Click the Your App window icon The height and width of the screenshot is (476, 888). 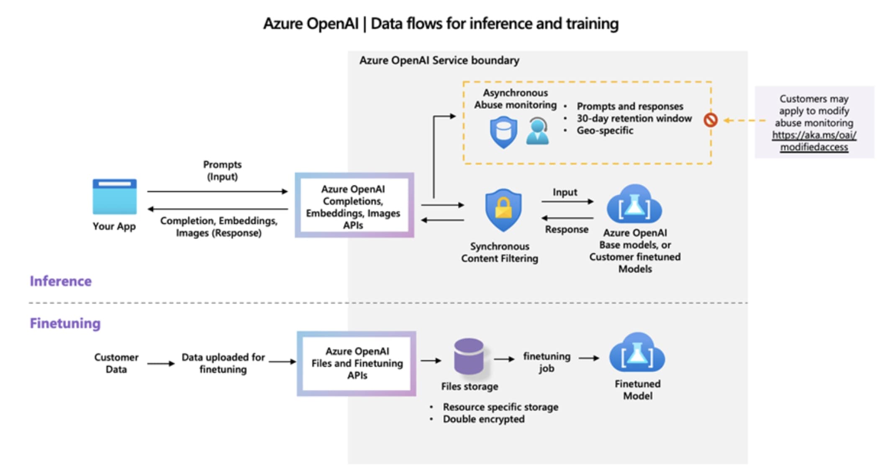coord(114,197)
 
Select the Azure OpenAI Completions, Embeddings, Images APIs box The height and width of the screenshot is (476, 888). coord(354,205)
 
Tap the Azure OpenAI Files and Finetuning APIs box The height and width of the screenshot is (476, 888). coord(357,363)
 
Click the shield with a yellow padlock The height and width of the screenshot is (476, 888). coord(503,210)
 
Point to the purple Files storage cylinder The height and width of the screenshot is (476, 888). coord(469,356)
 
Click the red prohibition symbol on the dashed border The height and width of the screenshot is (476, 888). coord(710,120)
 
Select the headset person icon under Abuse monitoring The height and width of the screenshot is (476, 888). coord(537,131)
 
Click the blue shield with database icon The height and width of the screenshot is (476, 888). coord(503,132)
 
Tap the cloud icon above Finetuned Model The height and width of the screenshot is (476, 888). coord(637,354)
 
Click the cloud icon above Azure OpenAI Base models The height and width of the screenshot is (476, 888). coord(634,205)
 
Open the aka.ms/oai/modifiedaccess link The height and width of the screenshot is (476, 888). coord(814,141)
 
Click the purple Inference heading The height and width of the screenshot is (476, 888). coord(61,281)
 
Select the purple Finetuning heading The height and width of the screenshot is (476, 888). coord(65,323)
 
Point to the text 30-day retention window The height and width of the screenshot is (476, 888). coord(634,118)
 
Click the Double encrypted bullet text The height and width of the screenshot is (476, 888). coord(483,419)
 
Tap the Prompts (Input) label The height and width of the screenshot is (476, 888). coord(222,170)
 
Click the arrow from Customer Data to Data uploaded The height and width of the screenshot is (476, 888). coord(161,363)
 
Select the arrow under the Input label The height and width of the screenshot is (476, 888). coord(567,202)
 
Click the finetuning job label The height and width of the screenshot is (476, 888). coord(547,362)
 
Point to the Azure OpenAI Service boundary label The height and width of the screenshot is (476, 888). coord(439,61)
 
